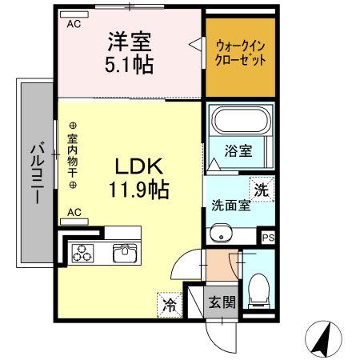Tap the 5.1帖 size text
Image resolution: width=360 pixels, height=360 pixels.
130,64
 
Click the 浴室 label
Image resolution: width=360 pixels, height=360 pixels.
238,150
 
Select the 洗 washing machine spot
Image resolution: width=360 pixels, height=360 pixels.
261,190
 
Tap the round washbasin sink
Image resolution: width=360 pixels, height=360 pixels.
220,234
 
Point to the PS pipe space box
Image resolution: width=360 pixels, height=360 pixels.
268,237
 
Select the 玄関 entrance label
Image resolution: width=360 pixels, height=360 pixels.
222,303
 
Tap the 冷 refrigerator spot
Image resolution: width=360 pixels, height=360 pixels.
169,304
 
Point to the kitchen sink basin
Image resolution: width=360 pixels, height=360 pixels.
126,254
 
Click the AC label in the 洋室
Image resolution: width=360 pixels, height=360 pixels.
74,24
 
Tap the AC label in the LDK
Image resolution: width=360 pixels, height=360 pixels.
74,212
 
